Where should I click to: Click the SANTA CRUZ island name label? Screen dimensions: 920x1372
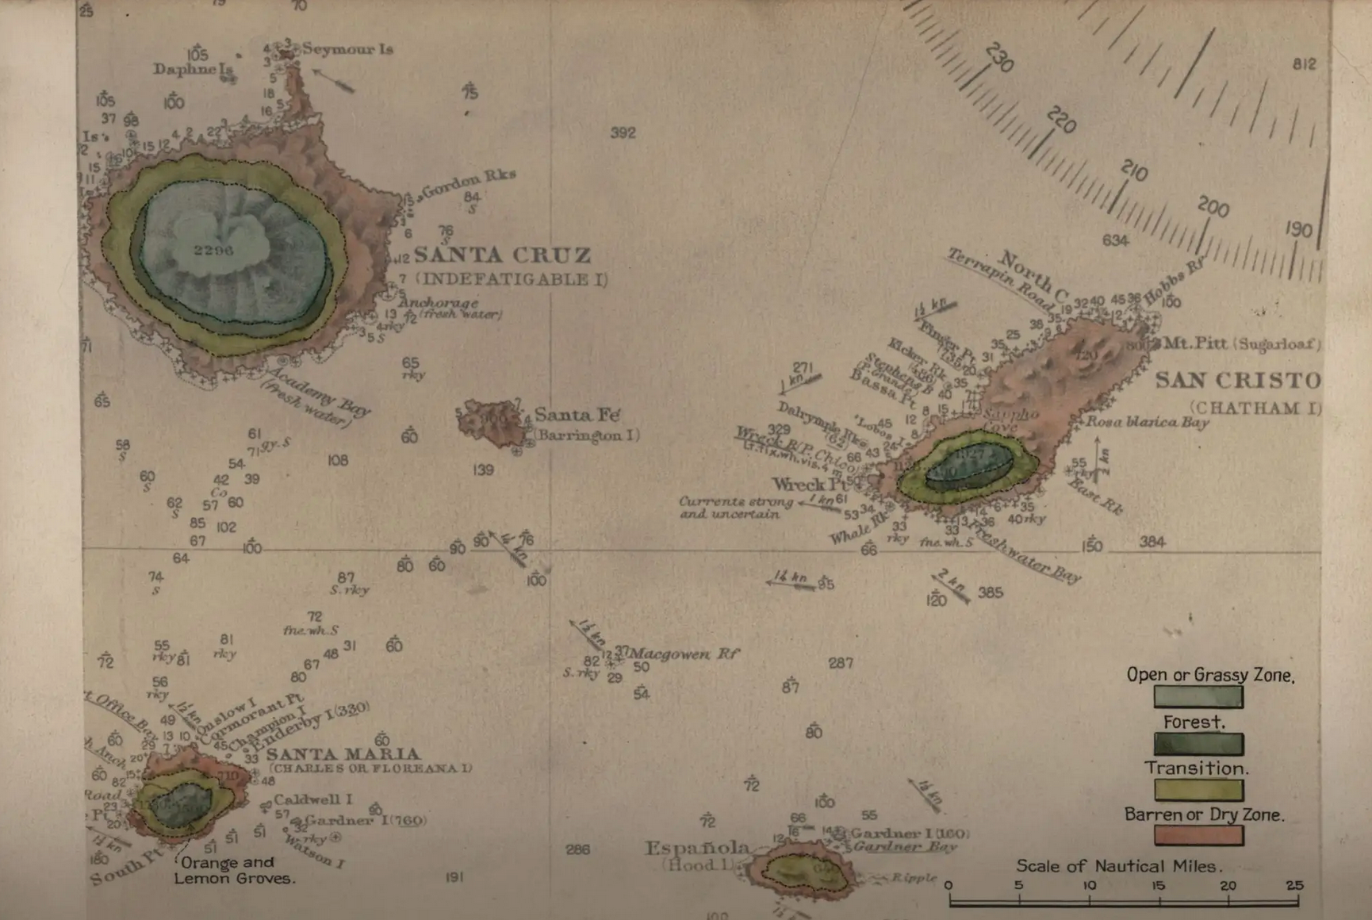(x=502, y=255)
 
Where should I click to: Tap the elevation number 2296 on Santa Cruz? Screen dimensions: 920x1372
(x=213, y=250)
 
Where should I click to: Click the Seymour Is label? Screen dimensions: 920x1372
(x=347, y=49)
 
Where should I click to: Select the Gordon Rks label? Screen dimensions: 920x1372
(x=468, y=183)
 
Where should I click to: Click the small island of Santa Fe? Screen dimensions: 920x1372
(x=490, y=423)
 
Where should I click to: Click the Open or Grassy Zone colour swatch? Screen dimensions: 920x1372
(x=1198, y=697)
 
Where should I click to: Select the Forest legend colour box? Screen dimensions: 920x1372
(x=1198, y=744)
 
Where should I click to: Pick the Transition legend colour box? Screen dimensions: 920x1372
(x=1198, y=790)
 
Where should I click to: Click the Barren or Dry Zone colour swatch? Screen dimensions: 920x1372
(x=1198, y=835)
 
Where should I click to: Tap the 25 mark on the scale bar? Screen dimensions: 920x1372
(x=1294, y=885)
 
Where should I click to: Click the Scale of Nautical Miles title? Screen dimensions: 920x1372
(x=1119, y=865)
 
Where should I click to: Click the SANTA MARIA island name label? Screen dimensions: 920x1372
(x=343, y=753)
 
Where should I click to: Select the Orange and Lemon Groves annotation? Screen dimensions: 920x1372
(x=234, y=870)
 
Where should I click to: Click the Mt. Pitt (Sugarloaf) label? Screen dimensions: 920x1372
(x=1241, y=343)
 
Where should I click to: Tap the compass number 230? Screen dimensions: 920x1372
(x=999, y=58)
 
